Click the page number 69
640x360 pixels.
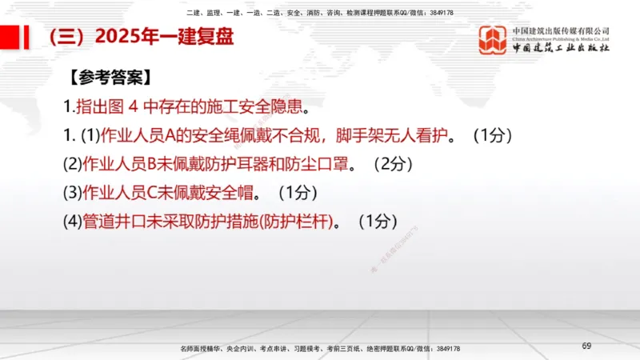(x=586, y=345)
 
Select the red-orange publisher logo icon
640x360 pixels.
(x=492, y=40)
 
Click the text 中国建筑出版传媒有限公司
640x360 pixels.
(x=561, y=30)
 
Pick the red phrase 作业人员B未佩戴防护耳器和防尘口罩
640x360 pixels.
(x=218, y=164)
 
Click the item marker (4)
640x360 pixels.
(x=73, y=222)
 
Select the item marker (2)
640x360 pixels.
(x=73, y=164)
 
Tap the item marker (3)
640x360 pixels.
(x=73, y=193)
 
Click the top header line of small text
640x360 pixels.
(x=319, y=13)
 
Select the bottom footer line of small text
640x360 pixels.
(x=319, y=350)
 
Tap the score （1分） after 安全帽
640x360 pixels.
(x=298, y=193)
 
